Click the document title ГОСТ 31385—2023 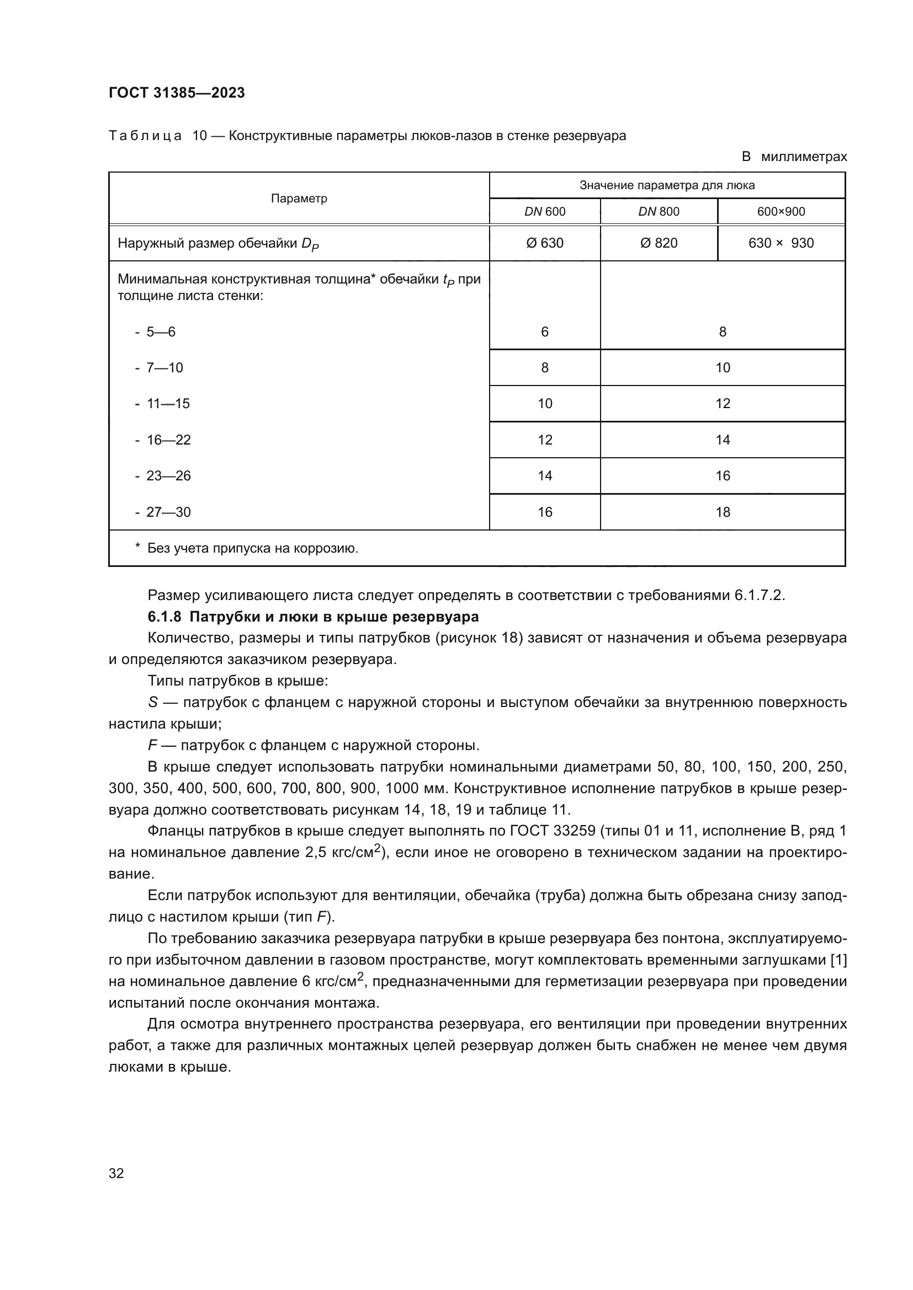[177, 93]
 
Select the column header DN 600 [544, 212]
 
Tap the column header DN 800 [659, 212]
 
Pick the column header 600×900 [781, 212]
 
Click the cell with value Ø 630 [544, 243]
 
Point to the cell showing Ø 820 [659, 243]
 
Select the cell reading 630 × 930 [781, 243]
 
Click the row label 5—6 [161, 332]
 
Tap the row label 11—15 [168, 403]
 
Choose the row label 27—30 [168, 512]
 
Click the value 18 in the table [723, 512]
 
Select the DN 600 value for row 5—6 [544, 332]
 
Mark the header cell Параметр [299, 199]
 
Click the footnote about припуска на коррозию [252, 548]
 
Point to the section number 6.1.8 [164, 617]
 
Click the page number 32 [116, 1173]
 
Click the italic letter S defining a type [152, 702]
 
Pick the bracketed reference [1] [838, 960]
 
